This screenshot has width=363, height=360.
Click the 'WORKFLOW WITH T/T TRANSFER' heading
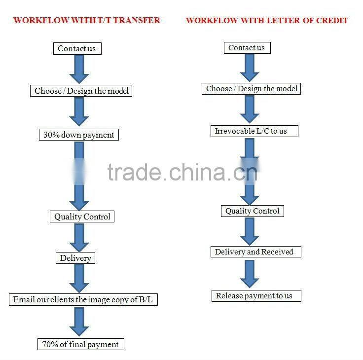tap(86, 20)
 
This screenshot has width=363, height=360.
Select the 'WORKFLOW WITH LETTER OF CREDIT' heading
tap(267, 20)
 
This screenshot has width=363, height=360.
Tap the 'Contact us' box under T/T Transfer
tap(76, 48)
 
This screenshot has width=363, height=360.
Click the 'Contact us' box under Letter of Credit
tap(247, 48)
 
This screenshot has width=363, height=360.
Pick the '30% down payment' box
tap(79, 135)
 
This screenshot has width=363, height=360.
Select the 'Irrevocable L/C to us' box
tap(251, 131)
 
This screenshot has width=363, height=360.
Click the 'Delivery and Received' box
tap(254, 252)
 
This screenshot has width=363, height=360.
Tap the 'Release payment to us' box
tap(254, 296)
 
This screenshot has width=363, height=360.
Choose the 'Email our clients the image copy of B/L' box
tap(83, 299)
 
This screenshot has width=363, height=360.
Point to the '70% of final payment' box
tap(80, 344)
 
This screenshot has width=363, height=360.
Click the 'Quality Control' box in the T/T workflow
tap(82, 216)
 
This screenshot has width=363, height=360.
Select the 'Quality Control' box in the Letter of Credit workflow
tap(253, 211)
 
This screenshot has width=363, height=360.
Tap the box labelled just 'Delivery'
tap(75, 258)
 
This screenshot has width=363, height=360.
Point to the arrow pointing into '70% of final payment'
tap(79, 322)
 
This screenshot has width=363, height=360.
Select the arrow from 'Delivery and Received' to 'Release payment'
tap(250, 274)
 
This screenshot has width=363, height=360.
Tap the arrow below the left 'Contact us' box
tap(79, 69)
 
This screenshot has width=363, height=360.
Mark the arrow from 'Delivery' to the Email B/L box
tap(79, 279)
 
